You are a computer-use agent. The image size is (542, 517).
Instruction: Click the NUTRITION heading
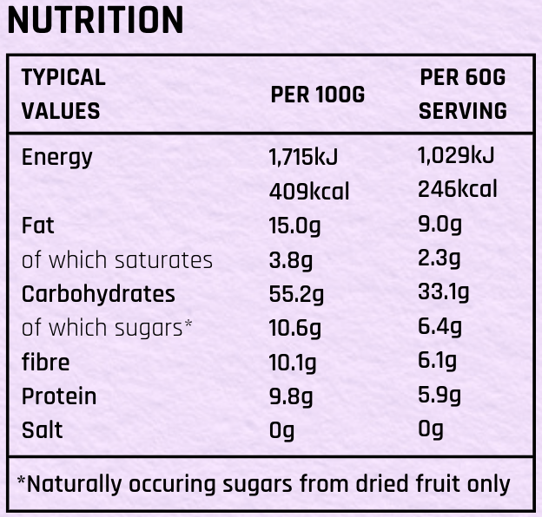pyautogui.click(x=96, y=21)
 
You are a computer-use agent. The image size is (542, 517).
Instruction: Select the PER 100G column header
pyautogui.click(x=317, y=95)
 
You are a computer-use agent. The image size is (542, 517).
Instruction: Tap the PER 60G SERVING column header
pyautogui.click(x=462, y=94)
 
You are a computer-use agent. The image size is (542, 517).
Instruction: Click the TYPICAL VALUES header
pyautogui.click(x=63, y=94)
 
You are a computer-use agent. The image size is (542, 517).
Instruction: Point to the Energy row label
pyautogui.click(x=56, y=158)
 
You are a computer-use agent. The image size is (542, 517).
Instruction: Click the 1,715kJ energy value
pyautogui.click(x=303, y=157)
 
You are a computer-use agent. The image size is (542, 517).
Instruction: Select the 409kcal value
pyautogui.click(x=308, y=191)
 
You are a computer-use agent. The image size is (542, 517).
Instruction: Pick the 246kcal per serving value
pyautogui.click(x=458, y=189)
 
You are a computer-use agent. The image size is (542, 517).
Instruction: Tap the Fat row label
pyautogui.click(x=37, y=226)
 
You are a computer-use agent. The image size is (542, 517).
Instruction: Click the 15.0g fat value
pyautogui.click(x=294, y=226)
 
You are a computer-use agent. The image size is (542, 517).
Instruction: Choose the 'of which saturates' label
pyautogui.click(x=116, y=259)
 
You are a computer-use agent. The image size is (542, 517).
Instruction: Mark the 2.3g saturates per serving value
pyautogui.click(x=439, y=258)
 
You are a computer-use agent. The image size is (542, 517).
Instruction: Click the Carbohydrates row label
pyautogui.click(x=98, y=293)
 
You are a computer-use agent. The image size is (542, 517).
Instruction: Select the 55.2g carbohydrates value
pyautogui.click(x=296, y=294)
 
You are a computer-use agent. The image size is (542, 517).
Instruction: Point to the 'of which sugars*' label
pyautogui.click(x=107, y=328)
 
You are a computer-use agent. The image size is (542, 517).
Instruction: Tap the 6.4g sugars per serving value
pyautogui.click(x=440, y=327)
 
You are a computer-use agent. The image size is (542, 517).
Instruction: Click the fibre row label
pyautogui.click(x=45, y=362)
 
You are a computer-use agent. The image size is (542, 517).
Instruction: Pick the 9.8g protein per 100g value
pyautogui.click(x=291, y=396)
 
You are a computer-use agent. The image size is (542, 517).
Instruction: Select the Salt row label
pyautogui.click(x=42, y=429)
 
